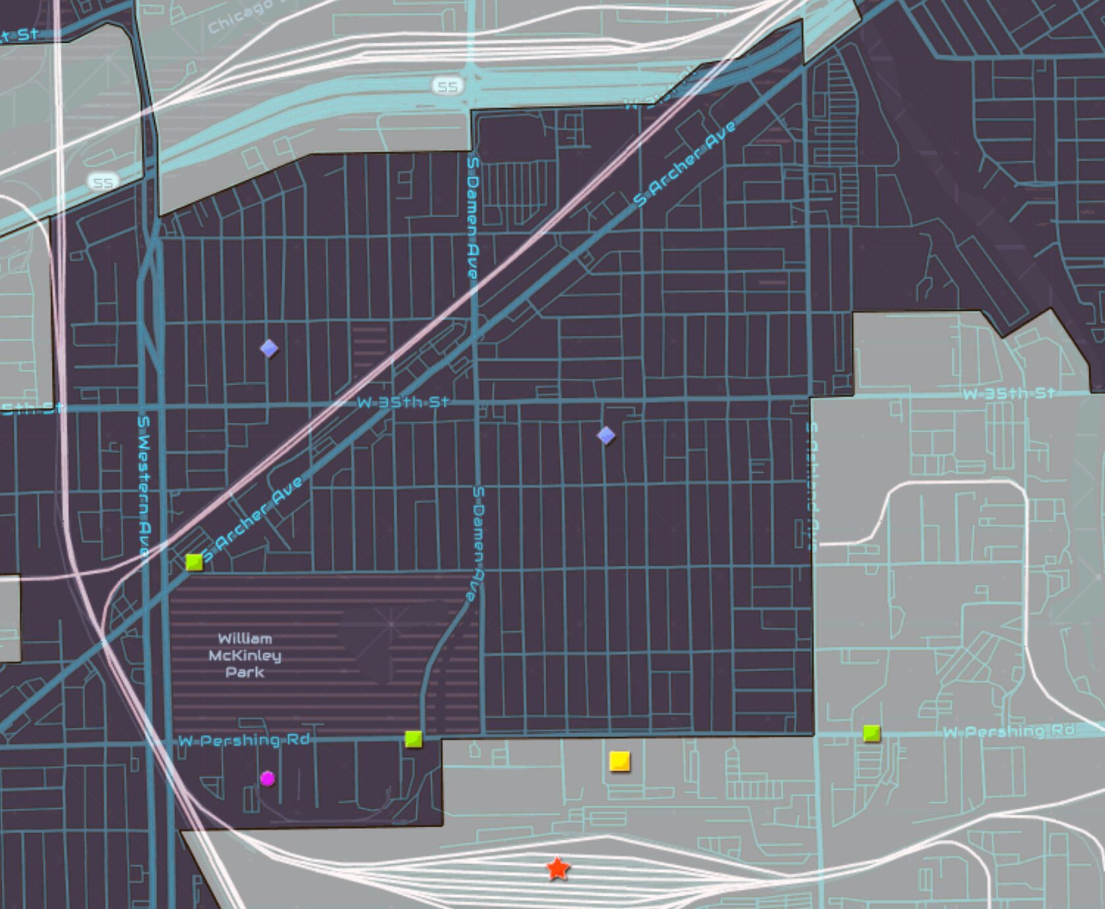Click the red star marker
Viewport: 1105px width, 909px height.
pos(558,869)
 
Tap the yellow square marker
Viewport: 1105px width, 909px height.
pos(620,761)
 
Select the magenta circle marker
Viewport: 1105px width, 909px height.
pos(267,779)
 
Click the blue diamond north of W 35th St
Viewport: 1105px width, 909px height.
pos(269,348)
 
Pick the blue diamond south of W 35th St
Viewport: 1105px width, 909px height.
pos(606,435)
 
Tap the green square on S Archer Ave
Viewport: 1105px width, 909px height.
pos(194,562)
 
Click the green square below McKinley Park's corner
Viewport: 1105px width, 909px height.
pos(414,739)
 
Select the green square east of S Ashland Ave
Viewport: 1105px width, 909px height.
pos(871,733)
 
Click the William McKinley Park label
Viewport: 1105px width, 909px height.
pos(245,655)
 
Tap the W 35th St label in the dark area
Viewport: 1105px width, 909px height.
pos(404,402)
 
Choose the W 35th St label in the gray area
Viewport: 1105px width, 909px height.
pos(1008,394)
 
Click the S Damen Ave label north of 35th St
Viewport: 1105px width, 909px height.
pos(473,217)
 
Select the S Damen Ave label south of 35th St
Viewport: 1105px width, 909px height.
pos(479,543)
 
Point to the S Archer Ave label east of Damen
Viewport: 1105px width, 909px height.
pos(685,163)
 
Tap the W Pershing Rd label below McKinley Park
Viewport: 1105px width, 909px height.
pos(244,740)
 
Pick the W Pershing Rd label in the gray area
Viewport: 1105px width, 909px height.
pos(1008,731)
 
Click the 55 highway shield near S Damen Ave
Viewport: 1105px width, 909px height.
pos(448,86)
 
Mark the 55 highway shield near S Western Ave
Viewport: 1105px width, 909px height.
pos(103,182)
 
